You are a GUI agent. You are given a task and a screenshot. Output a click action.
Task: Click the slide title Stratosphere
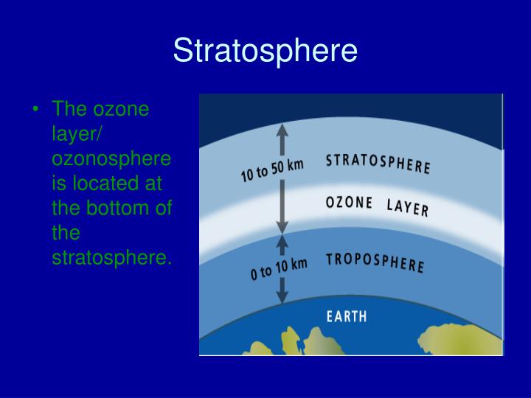click(265, 51)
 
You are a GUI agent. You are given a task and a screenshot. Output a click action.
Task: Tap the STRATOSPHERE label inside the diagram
click(378, 163)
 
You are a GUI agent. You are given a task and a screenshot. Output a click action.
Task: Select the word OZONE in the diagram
click(350, 203)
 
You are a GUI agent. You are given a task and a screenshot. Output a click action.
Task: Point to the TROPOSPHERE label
click(375, 262)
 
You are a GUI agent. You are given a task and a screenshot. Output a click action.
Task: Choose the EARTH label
click(347, 317)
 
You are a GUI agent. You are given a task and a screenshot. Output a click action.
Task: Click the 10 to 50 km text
click(272, 170)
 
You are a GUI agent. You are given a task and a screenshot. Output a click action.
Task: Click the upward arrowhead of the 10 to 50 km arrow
click(280, 132)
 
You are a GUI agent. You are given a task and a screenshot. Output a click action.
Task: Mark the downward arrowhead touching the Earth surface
click(282, 296)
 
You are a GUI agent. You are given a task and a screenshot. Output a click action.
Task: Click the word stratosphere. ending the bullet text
click(111, 258)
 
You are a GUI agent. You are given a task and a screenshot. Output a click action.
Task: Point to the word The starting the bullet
click(69, 111)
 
